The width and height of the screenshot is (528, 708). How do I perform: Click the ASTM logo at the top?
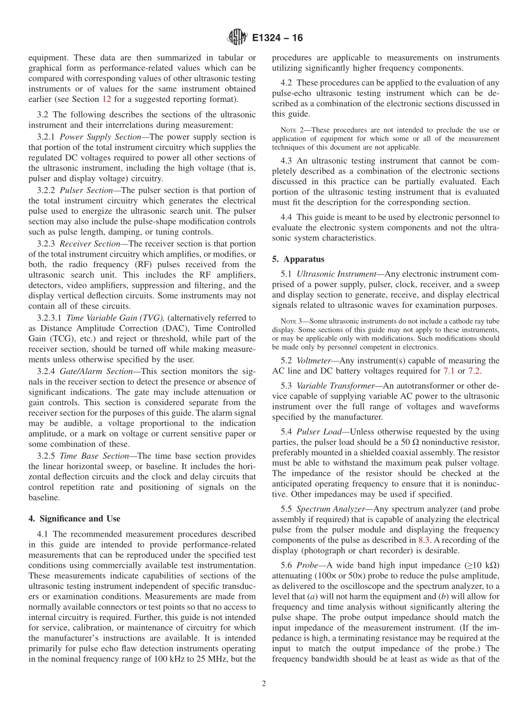(x=237, y=38)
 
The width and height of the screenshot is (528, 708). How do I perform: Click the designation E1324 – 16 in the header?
(x=277, y=38)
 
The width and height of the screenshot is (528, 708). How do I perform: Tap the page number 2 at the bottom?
(x=264, y=684)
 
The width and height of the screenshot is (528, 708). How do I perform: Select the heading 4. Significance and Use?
(x=74, y=518)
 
